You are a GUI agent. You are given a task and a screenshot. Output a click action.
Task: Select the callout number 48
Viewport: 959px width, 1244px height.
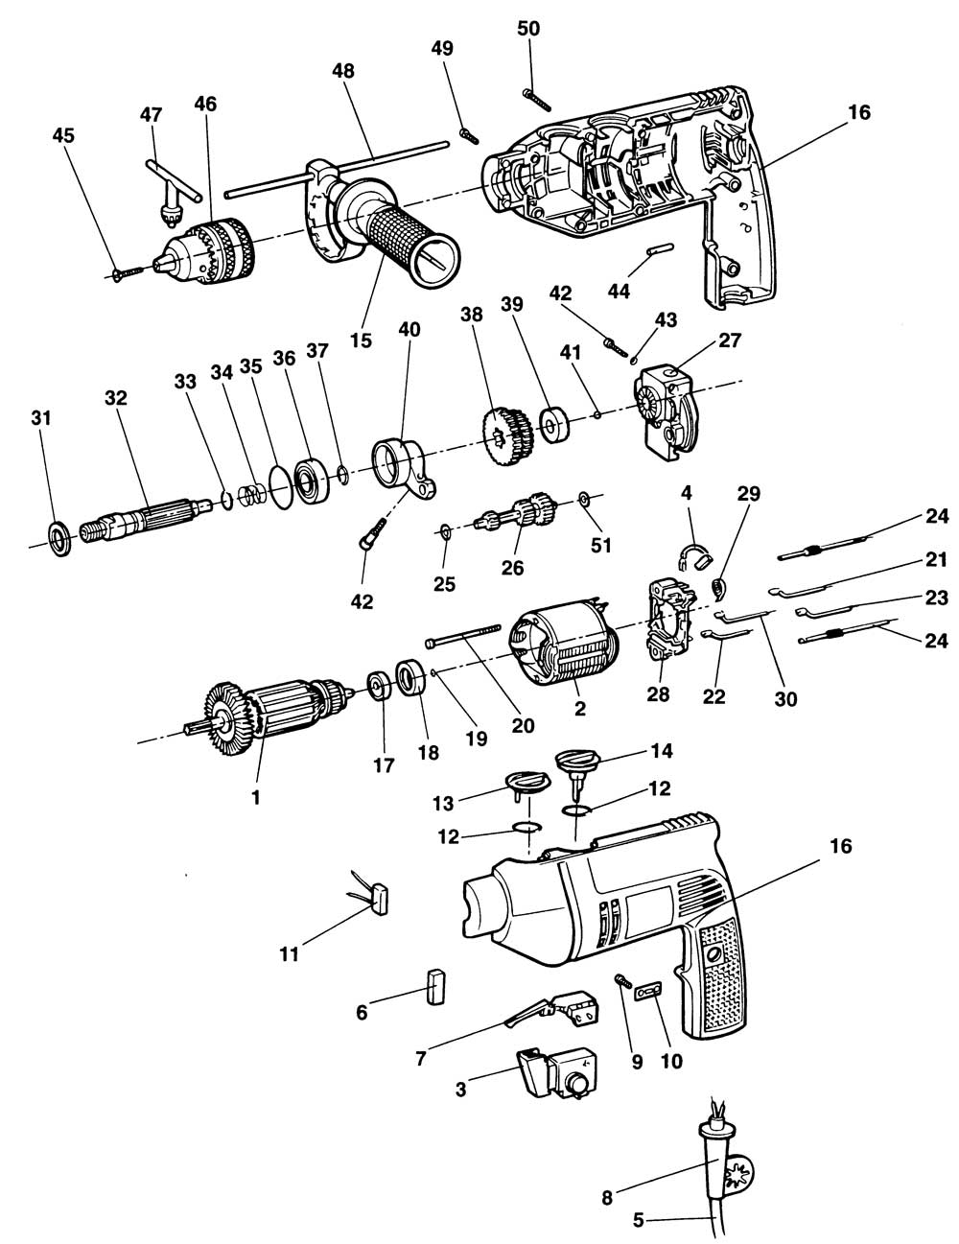pyautogui.click(x=342, y=72)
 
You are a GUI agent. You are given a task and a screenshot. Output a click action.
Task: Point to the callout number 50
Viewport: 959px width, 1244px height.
pyautogui.click(x=528, y=29)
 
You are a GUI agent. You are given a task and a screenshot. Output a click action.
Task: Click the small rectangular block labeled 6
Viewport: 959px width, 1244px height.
pyautogui.click(x=434, y=985)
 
